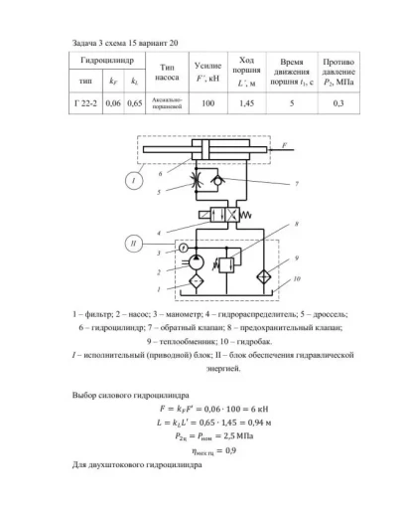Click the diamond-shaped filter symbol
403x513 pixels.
(x=196, y=282)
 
